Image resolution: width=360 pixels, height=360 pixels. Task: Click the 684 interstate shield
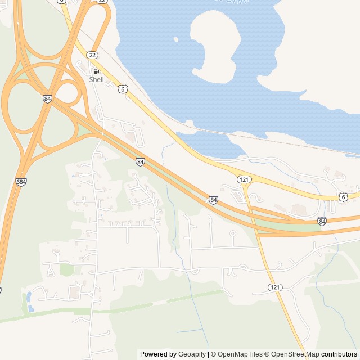click(21, 182)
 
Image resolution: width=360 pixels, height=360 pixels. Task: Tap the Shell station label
click(97, 80)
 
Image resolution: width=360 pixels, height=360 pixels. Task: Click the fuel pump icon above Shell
click(96, 71)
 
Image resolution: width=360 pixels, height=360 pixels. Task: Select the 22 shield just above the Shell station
click(92, 54)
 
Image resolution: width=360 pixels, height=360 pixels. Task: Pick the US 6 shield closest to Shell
click(123, 89)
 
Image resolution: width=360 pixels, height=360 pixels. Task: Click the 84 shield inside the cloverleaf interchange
click(47, 98)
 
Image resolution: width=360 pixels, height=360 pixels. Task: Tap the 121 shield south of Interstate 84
click(274, 287)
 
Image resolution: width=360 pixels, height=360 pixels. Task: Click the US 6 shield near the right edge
click(343, 196)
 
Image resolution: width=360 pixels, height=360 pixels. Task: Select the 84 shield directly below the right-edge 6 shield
click(322, 221)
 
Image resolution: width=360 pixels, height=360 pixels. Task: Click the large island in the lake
click(217, 45)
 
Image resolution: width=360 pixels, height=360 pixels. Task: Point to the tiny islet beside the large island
click(176, 39)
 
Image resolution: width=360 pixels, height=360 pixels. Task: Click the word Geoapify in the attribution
click(192, 354)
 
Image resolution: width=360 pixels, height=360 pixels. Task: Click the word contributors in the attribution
click(339, 354)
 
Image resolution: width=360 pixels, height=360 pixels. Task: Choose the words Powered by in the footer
click(158, 354)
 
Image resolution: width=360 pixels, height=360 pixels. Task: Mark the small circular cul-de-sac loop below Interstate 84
click(232, 232)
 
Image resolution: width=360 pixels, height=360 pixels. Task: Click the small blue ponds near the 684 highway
click(29, 301)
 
